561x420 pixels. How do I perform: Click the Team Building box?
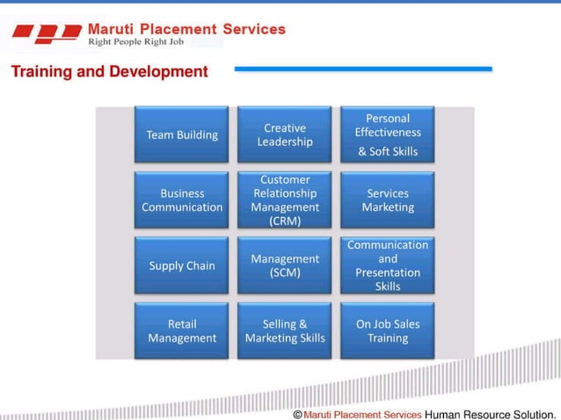(x=181, y=134)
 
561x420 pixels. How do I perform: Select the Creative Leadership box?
(x=284, y=134)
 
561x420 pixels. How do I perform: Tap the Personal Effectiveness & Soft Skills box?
(x=387, y=134)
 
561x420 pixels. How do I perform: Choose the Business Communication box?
(x=181, y=200)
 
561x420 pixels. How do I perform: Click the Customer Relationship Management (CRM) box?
(x=284, y=200)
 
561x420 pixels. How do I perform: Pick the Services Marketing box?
(x=387, y=200)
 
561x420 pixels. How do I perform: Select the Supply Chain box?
(x=181, y=265)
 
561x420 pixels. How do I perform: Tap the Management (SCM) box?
(x=284, y=265)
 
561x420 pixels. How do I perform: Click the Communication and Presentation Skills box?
(x=387, y=265)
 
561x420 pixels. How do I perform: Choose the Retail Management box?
(x=181, y=330)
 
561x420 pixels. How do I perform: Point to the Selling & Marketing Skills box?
(x=284, y=330)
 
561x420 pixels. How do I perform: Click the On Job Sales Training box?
(x=387, y=330)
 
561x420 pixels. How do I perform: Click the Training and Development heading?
(x=109, y=72)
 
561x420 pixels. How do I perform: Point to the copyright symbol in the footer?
(x=297, y=413)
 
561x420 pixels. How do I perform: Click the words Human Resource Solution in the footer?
(x=491, y=413)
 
